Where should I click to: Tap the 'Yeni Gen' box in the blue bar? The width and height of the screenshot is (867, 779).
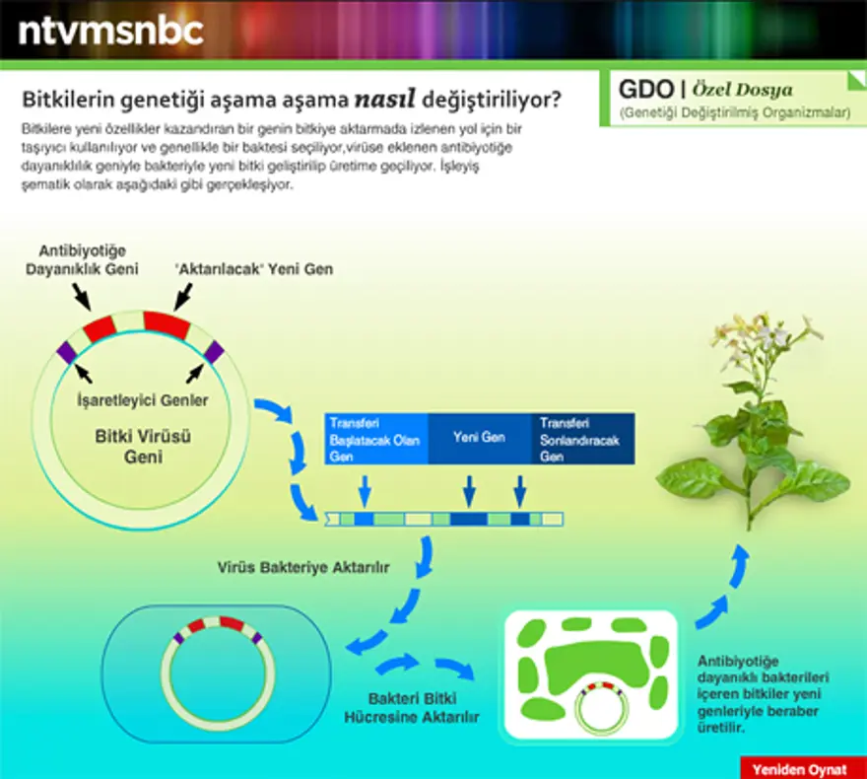tap(479, 437)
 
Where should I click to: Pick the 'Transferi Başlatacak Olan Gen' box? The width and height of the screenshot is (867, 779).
tap(375, 438)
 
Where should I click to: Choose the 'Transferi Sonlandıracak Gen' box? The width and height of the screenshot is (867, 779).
tap(581, 438)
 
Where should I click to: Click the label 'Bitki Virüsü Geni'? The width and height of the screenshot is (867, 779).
tap(130, 446)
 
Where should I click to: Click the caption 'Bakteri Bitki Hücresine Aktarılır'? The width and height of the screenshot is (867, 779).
tap(411, 707)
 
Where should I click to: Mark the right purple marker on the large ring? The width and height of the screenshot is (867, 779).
tap(214, 351)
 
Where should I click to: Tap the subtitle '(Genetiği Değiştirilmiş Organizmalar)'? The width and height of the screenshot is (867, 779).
tap(734, 114)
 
